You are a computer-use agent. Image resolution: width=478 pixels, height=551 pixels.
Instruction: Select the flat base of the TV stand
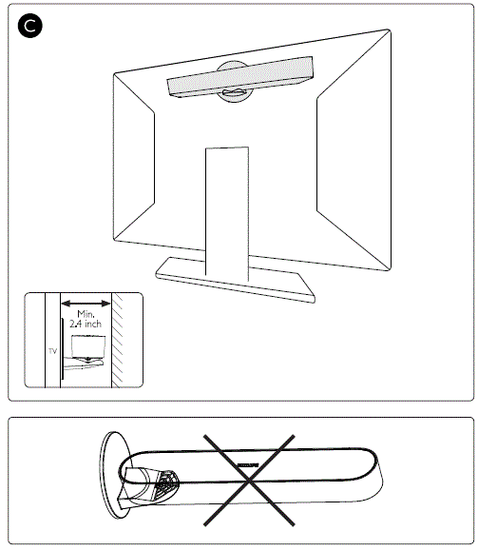pyautogui.click(x=233, y=280)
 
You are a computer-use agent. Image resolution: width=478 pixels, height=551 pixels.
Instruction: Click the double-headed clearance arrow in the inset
pyautogui.click(x=86, y=305)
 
